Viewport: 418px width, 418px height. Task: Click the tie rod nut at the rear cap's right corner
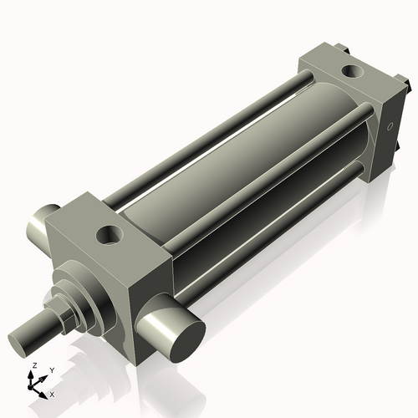click(406, 84)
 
